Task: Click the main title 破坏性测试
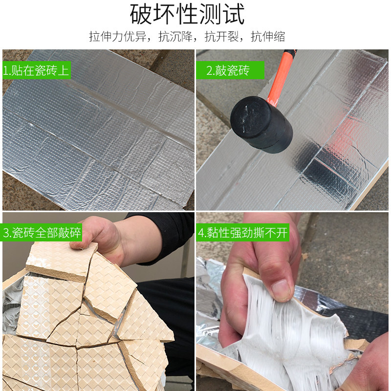tap(187, 15)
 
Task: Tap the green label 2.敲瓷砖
tap(228, 70)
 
